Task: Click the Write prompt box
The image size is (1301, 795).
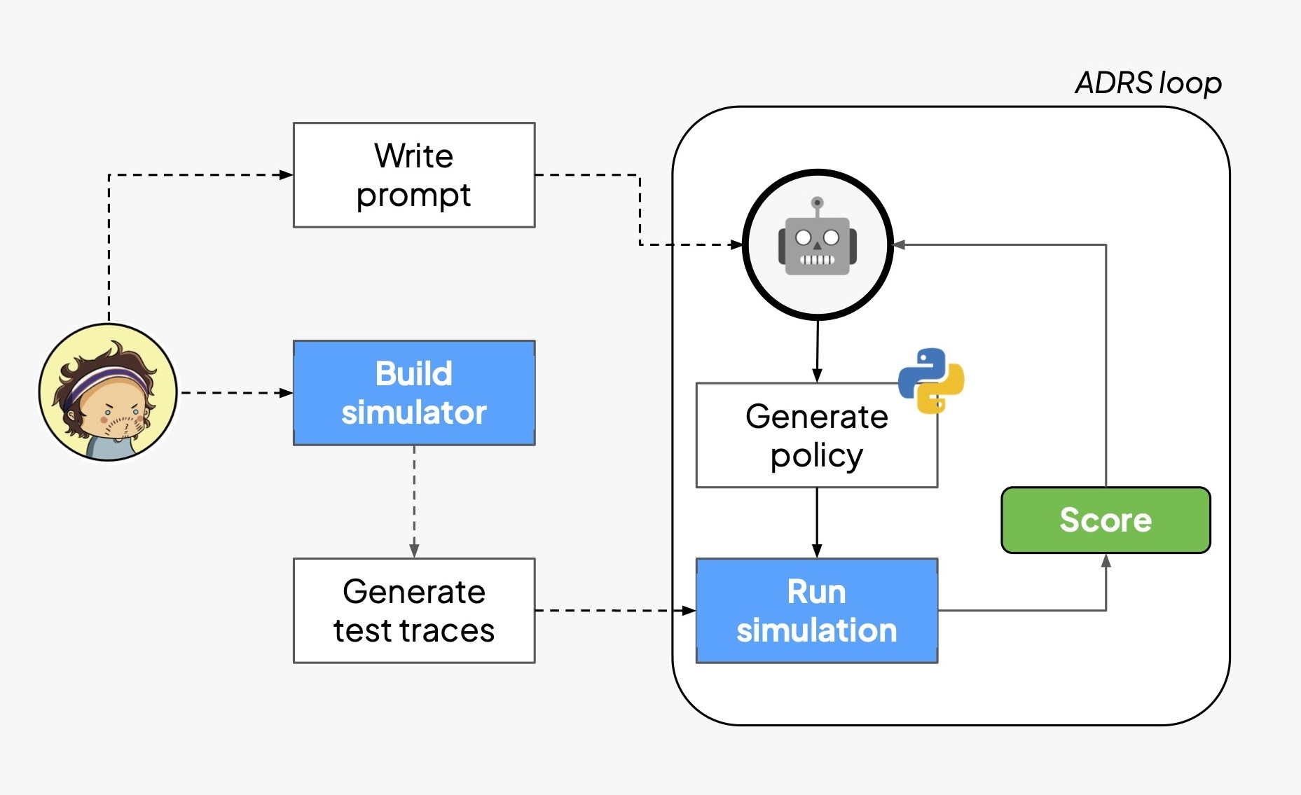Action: [414, 175]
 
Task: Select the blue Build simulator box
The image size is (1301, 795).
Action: [414, 393]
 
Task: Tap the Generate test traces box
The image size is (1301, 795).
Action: [414, 611]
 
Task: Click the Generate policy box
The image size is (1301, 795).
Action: [816, 436]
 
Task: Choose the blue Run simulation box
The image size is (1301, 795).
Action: [816, 611]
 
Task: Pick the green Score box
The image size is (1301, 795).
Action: [1106, 520]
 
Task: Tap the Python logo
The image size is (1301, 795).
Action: [931, 380]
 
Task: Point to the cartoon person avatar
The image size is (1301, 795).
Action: [109, 392]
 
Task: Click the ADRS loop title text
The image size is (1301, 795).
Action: [1148, 83]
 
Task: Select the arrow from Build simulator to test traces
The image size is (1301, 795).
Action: [414, 501]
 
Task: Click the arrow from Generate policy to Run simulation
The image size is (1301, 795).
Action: [817, 522]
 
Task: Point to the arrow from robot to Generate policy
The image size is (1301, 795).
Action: [817, 350]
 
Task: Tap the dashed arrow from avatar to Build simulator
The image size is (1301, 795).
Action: [235, 393]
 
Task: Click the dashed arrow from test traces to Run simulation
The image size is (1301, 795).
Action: [613, 611]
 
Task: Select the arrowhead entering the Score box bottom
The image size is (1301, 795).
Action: [1106, 561]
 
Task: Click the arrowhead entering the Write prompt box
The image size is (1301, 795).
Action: [286, 175]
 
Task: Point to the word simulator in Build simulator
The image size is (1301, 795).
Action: [414, 413]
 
